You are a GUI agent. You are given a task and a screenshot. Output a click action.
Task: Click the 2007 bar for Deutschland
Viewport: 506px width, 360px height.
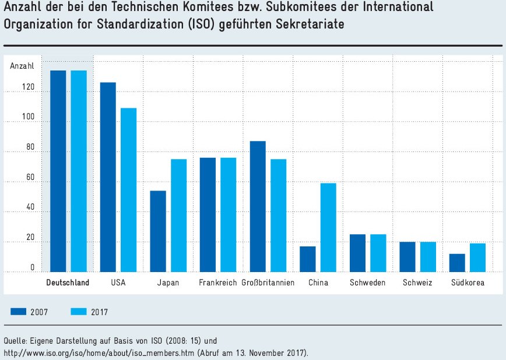point(58,171)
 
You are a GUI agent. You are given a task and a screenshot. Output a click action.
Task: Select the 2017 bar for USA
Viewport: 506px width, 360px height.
point(128,190)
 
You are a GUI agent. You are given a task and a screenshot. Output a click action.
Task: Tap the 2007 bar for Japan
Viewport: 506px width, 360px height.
point(158,231)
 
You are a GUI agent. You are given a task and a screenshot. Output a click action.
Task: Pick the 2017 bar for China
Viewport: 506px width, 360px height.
point(328,227)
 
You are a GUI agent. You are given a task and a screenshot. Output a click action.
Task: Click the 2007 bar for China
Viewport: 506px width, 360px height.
point(307,259)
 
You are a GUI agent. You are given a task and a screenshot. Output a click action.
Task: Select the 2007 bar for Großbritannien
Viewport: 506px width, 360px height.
point(258,206)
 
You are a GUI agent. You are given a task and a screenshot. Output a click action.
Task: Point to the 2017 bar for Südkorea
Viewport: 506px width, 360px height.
point(478,257)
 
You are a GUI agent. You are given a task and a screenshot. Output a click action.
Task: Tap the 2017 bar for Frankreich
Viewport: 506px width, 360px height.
point(228,214)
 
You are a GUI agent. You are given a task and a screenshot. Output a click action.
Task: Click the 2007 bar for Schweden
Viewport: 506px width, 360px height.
point(357,253)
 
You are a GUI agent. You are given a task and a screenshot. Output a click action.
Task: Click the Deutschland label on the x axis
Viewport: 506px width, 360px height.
point(68,283)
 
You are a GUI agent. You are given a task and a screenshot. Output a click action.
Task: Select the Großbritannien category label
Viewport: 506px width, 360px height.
point(268,283)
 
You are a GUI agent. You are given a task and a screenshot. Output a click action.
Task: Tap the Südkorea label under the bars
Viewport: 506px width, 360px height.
point(468,283)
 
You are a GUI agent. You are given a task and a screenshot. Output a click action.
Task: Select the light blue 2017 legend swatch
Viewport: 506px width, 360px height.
point(78,312)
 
